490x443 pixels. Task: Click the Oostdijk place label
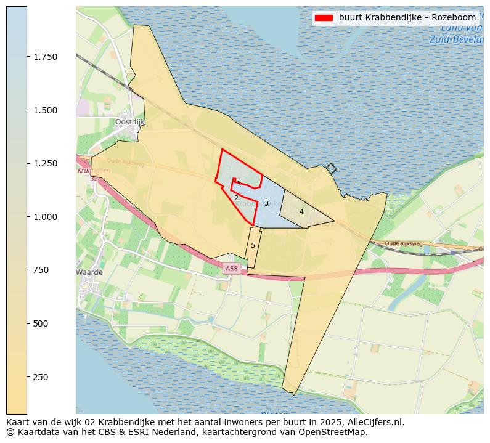click(x=129, y=122)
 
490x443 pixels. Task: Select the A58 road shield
click(x=231, y=269)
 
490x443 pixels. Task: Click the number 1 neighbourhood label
click(x=239, y=184)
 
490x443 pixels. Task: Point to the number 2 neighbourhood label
click(x=236, y=198)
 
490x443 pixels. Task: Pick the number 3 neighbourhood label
click(x=266, y=203)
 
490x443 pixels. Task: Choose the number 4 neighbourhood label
click(x=301, y=211)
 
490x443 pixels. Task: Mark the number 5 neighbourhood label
click(x=253, y=245)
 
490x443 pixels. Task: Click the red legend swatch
click(x=324, y=18)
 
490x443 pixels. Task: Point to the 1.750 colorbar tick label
click(x=45, y=57)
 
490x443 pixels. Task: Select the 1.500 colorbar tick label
click(x=45, y=110)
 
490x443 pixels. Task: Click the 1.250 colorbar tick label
click(x=45, y=163)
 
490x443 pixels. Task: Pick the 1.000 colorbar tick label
click(x=45, y=217)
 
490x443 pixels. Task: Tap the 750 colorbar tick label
click(x=41, y=270)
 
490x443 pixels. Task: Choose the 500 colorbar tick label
click(x=41, y=323)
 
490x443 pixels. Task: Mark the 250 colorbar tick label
click(x=41, y=377)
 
